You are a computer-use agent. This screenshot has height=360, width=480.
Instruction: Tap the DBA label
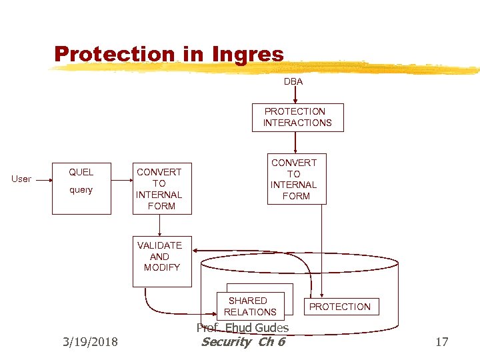[x=293, y=81]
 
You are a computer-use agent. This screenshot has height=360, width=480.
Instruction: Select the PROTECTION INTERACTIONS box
[x=297, y=117]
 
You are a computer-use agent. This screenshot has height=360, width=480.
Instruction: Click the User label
[x=21, y=179]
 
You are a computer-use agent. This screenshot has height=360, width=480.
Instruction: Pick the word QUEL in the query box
[x=81, y=172]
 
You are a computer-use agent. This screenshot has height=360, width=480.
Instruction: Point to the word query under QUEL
[x=81, y=190]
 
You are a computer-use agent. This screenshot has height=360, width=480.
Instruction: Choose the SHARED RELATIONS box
[x=250, y=306]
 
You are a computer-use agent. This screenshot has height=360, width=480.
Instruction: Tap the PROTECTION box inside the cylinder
[x=339, y=307]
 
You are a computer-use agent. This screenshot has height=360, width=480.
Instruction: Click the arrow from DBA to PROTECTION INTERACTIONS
[x=295, y=95]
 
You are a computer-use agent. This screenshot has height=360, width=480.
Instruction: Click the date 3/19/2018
[x=90, y=342]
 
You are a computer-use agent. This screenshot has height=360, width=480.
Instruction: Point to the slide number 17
[x=441, y=342]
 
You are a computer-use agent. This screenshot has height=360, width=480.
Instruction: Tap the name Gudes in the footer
[x=273, y=327]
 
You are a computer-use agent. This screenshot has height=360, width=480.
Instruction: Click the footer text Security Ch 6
[x=243, y=342]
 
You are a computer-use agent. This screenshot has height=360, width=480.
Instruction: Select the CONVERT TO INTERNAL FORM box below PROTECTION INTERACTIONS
[x=294, y=179]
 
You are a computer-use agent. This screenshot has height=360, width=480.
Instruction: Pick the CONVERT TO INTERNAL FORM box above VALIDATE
[x=159, y=189]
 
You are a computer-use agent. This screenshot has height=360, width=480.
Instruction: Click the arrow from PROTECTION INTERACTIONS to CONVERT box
[x=295, y=143]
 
